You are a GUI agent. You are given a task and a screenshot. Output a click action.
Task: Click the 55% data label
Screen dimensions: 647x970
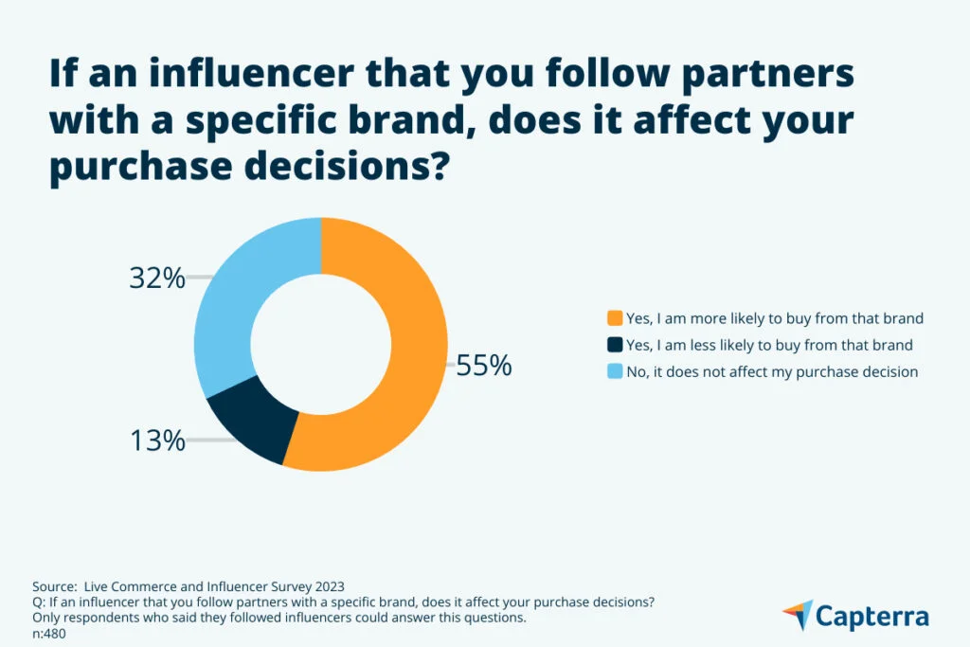pyautogui.click(x=483, y=366)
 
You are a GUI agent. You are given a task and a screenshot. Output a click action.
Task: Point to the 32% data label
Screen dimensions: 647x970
pyautogui.click(x=156, y=279)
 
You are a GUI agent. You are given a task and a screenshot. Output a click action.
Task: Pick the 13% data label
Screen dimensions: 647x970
pyautogui.click(x=156, y=440)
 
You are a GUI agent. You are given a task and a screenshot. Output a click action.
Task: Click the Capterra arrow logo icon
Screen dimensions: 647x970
pyautogui.click(x=799, y=615)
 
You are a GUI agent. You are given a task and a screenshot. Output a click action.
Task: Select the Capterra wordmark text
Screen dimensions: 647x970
pyautogui.click(x=872, y=617)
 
